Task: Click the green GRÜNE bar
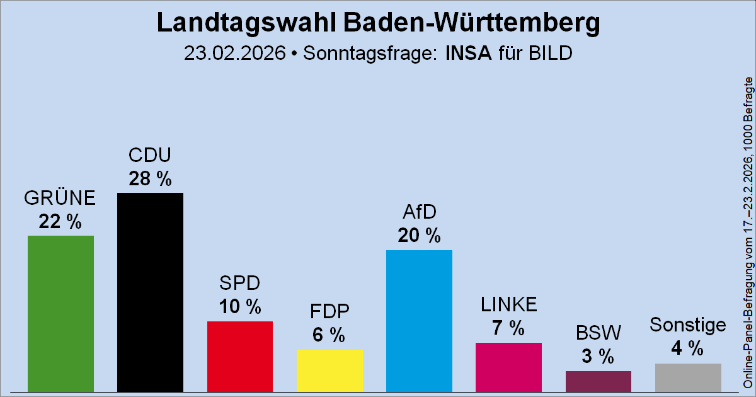pyautogui.click(x=60, y=313)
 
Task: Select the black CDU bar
pyautogui.click(x=150, y=291)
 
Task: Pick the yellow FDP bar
pyautogui.click(x=329, y=370)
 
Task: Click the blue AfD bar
pyautogui.click(x=419, y=320)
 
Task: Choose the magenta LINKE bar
pyautogui.click(x=508, y=366)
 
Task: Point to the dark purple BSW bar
pyautogui.click(x=598, y=381)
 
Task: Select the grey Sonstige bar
pyautogui.click(x=688, y=377)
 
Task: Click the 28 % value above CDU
pyautogui.click(x=150, y=179)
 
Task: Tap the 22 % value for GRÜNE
pyautogui.click(x=60, y=222)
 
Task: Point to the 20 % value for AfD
pyautogui.click(x=419, y=236)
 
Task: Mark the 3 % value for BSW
pyautogui.click(x=598, y=357)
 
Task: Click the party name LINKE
pyautogui.click(x=508, y=304)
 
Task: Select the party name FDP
pyautogui.click(x=329, y=312)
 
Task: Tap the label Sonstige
pyautogui.click(x=688, y=325)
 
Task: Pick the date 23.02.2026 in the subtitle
pyautogui.click(x=234, y=53)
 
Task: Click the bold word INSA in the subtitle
pyautogui.click(x=469, y=53)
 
